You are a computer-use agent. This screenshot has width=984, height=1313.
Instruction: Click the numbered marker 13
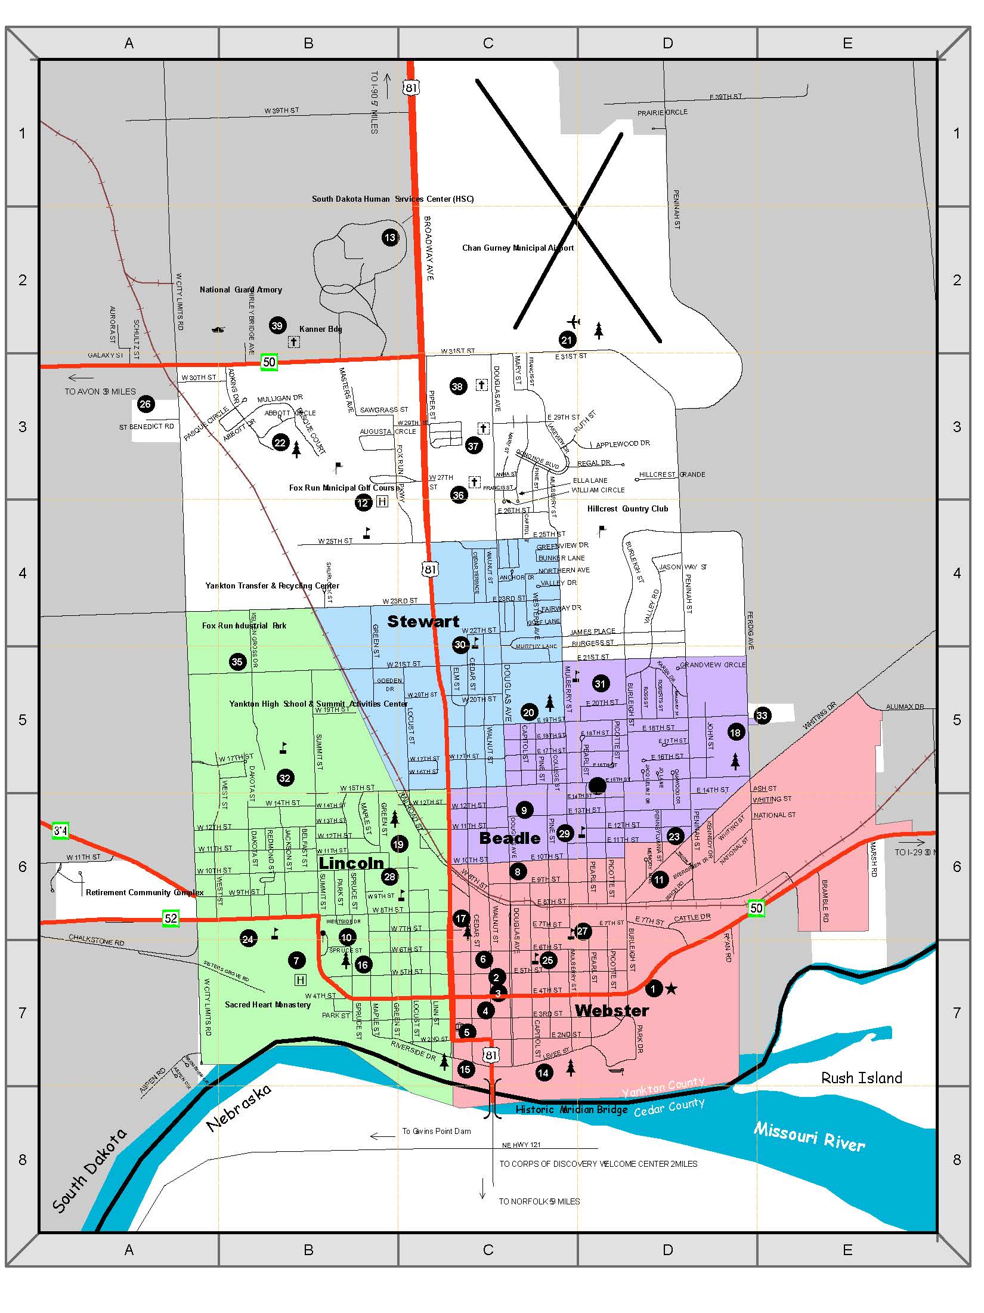(x=389, y=238)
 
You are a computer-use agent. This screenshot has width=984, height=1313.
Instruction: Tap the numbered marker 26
(x=145, y=404)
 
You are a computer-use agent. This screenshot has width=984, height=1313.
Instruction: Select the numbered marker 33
(x=762, y=716)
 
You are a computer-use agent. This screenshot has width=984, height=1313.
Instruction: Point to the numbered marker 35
(x=237, y=661)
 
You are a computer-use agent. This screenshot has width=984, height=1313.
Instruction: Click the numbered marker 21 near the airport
(x=567, y=340)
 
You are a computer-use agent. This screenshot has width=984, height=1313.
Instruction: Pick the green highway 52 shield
(x=171, y=918)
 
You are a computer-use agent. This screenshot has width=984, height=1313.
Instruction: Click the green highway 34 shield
(x=60, y=830)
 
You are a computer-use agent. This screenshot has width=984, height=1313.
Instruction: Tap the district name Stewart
(x=423, y=621)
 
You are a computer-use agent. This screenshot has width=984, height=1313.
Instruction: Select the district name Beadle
(x=510, y=838)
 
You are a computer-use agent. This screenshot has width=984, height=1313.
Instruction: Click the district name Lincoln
(x=351, y=863)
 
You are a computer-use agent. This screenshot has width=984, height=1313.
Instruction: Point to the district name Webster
(x=612, y=1010)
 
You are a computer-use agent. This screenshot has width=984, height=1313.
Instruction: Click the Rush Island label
(x=861, y=1077)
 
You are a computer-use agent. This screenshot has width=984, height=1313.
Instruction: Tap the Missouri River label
(x=809, y=1136)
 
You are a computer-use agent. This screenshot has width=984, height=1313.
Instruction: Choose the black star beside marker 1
(x=671, y=989)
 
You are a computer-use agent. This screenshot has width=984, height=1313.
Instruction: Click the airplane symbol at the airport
(x=574, y=322)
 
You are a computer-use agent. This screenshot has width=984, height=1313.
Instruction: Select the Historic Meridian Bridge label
(x=571, y=1109)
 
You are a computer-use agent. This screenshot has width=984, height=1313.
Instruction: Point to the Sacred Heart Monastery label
(x=268, y=1004)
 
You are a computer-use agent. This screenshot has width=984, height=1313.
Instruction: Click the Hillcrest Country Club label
(x=627, y=508)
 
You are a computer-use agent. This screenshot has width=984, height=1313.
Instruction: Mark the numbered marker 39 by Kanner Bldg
(x=277, y=325)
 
